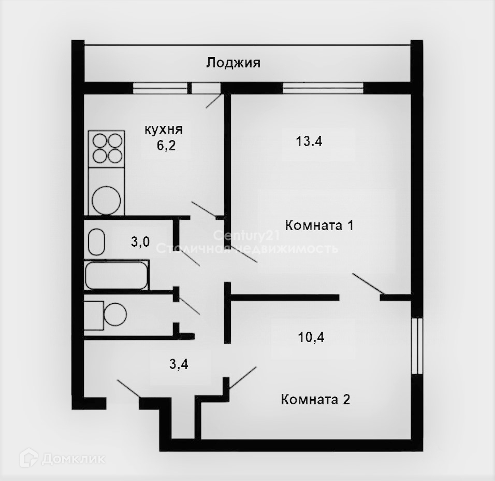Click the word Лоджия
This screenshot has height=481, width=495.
point(234,63)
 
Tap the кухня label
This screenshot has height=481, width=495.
point(164,130)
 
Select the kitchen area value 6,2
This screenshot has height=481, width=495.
point(166,146)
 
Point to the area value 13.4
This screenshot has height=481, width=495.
point(309,141)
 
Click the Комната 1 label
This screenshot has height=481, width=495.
point(319,225)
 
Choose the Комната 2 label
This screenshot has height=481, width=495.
point(315,400)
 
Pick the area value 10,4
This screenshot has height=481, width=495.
point(311,337)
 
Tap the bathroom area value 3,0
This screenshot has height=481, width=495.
point(140,242)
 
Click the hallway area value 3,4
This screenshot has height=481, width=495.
point(179,364)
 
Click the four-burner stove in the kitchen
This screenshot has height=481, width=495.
point(107,149)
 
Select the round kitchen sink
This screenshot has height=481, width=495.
point(106,201)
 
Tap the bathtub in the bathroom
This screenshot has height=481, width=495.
point(117,275)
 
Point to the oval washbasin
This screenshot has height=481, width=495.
point(96,242)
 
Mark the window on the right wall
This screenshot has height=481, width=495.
point(417,346)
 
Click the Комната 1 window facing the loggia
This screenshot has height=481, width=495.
point(323,88)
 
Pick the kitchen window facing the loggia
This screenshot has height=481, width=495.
point(160,88)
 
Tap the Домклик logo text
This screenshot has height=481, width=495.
point(73,459)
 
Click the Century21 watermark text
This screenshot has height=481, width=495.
point(246,235)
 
